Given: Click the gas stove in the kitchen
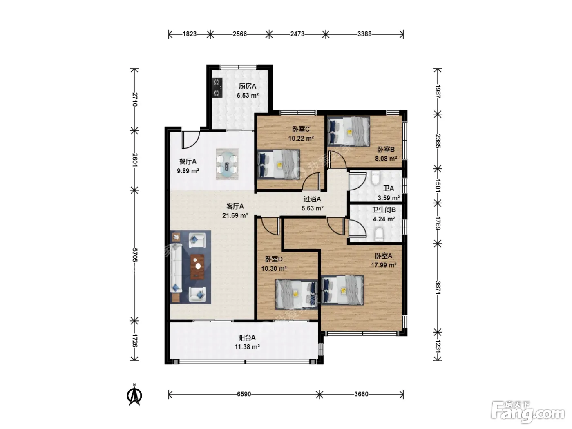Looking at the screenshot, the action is coord(217,87).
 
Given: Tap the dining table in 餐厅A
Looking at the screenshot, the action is coord(227,164).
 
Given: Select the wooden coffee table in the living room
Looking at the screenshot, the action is coord(197,267).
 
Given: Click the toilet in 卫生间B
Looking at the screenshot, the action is coord(379,234).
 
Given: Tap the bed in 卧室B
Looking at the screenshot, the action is coord(349,131).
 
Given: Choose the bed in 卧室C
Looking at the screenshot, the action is coord(279,164).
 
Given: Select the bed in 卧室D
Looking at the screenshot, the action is coord(297,294).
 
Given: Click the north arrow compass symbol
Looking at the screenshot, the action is coord(134,395).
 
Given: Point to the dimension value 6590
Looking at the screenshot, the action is coord(244,394).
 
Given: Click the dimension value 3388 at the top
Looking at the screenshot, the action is coord(364,34).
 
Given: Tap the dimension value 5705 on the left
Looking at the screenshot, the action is coord(135,255).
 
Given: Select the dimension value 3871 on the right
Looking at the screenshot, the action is coord(438,288).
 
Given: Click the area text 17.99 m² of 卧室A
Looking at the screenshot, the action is coord(384,265).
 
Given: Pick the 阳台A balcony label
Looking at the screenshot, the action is coord(247,338).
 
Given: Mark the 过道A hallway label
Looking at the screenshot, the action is coord(312,199).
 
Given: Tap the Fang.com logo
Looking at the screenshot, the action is coord(528,414).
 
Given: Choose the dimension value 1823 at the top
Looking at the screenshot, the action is coord(190,34).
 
